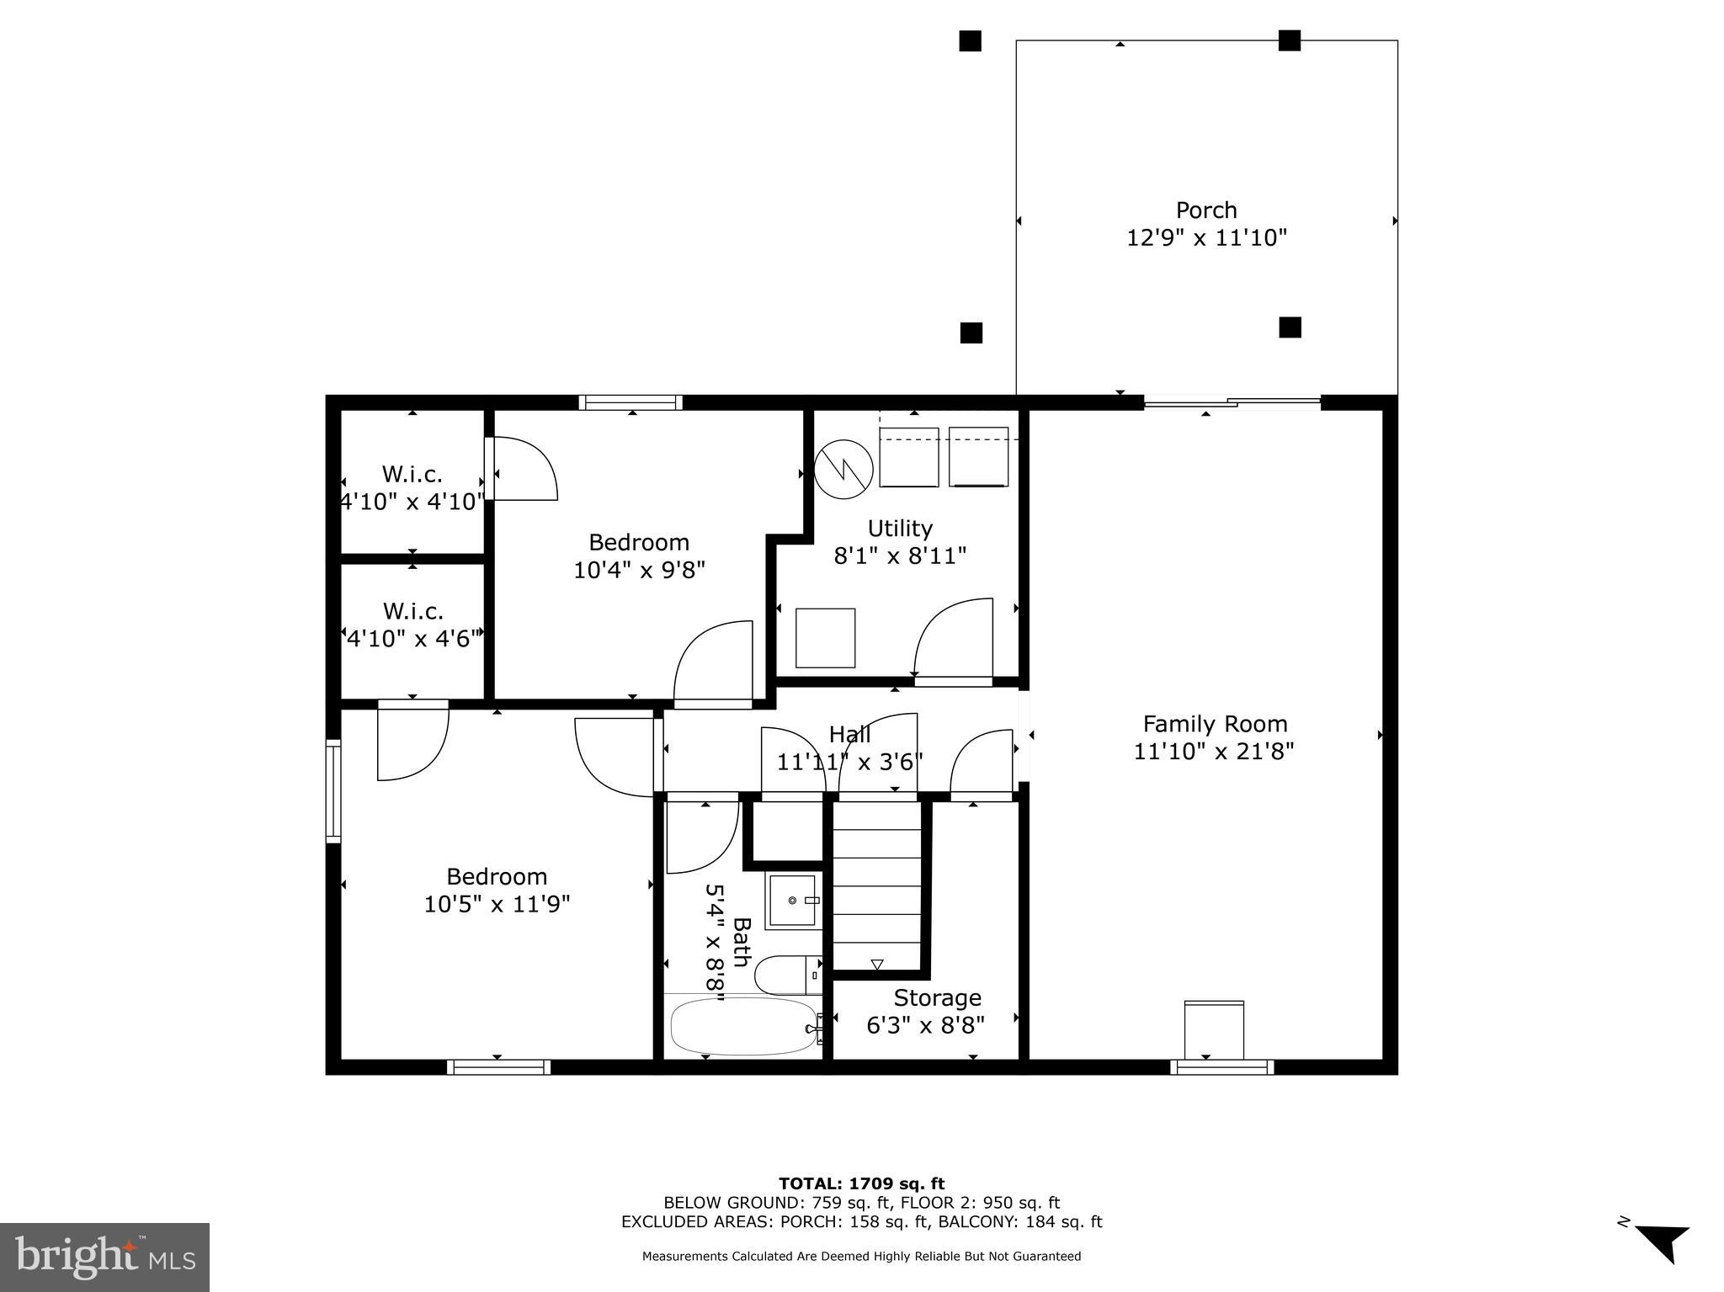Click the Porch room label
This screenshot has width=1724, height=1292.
1205,210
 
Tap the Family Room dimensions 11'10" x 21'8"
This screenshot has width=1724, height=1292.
1213,751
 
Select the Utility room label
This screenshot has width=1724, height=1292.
900,529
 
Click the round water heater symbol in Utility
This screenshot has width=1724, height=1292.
843,468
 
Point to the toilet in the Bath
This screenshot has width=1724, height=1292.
787,976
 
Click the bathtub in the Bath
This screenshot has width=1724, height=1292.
743,1026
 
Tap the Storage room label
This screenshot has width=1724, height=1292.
937,997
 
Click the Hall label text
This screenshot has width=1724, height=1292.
849,734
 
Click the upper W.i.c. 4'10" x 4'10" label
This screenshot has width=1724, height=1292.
412,487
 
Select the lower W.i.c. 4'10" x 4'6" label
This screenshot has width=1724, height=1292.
412,625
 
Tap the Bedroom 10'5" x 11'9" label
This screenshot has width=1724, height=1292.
497,890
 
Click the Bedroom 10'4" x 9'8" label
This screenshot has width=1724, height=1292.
639,556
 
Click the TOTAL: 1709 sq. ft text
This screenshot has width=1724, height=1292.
861,1184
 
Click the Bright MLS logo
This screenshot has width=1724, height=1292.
104,1257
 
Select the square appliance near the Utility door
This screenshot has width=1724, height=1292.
825,638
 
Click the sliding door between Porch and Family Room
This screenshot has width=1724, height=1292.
1232,402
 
